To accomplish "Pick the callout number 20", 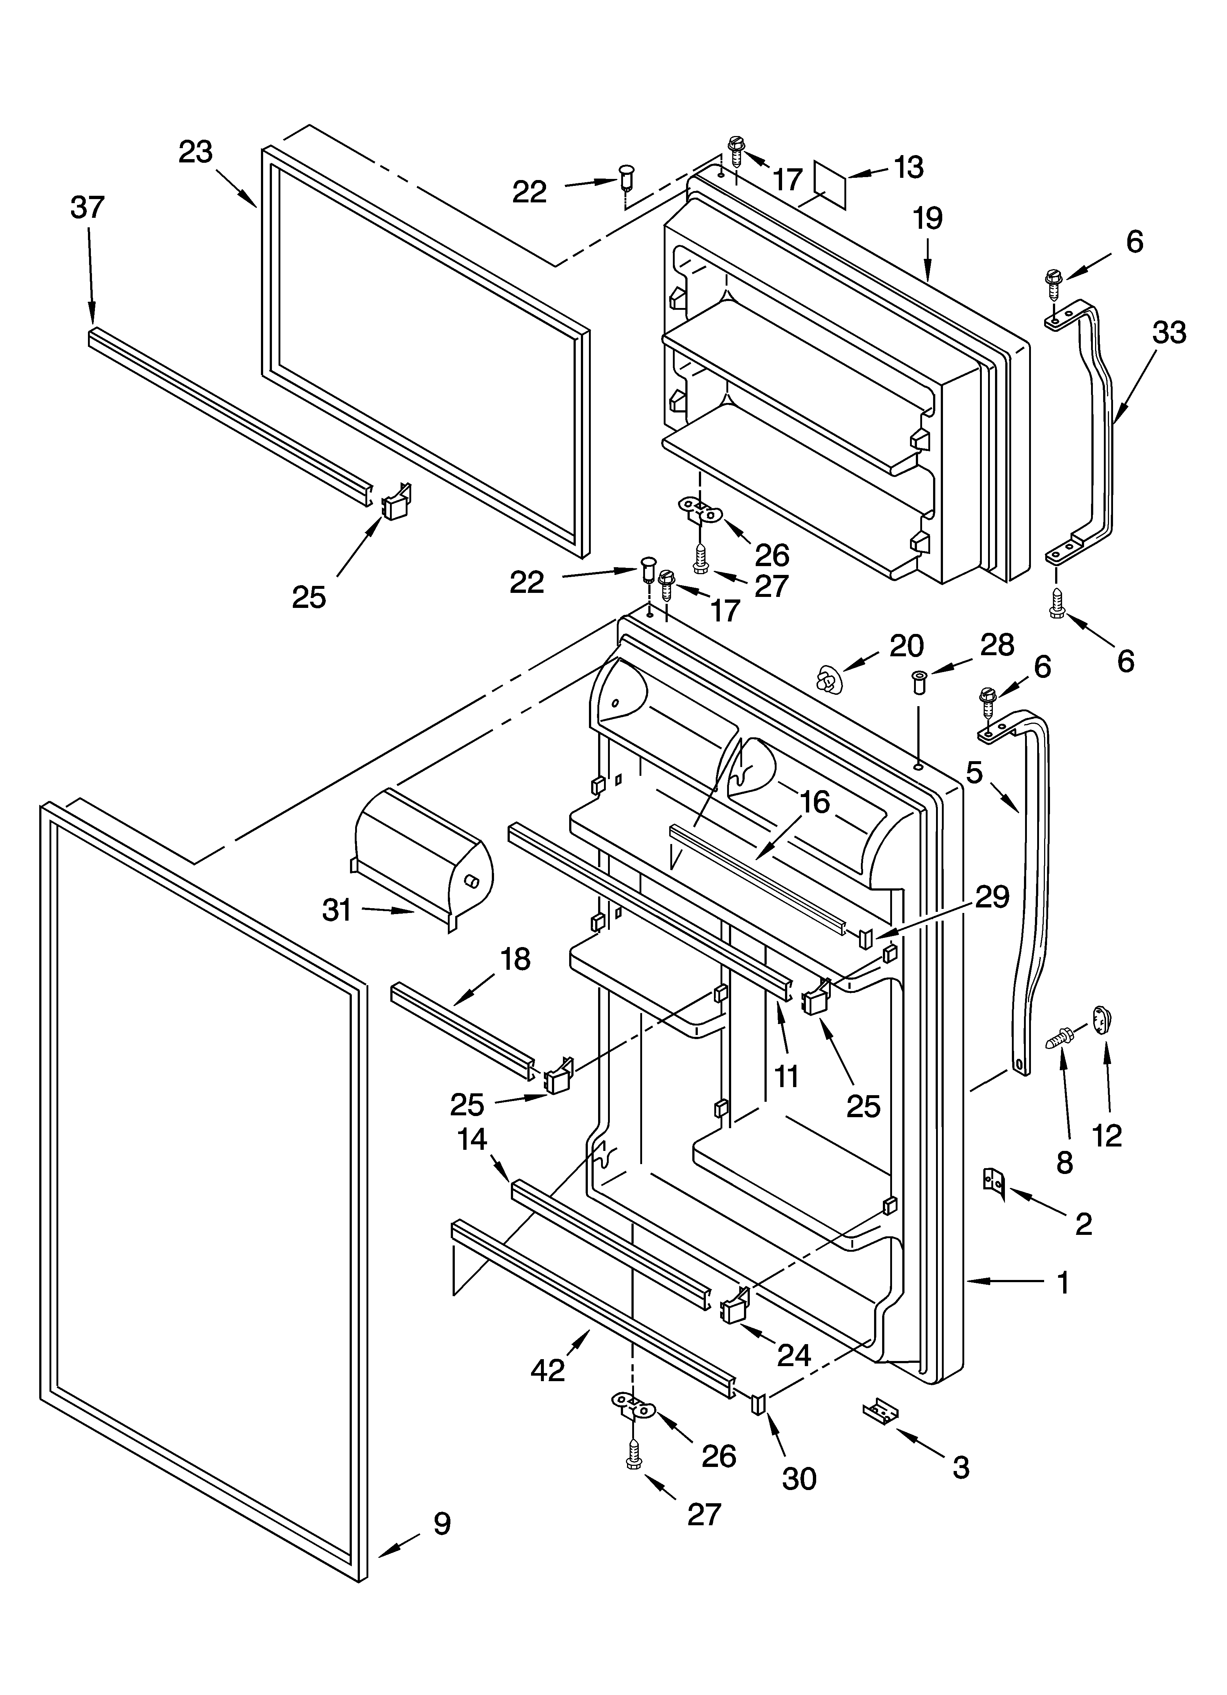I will [x=906, y=645].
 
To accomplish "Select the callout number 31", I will [x=337, y=910].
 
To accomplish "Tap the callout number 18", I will [x=515, y=959].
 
